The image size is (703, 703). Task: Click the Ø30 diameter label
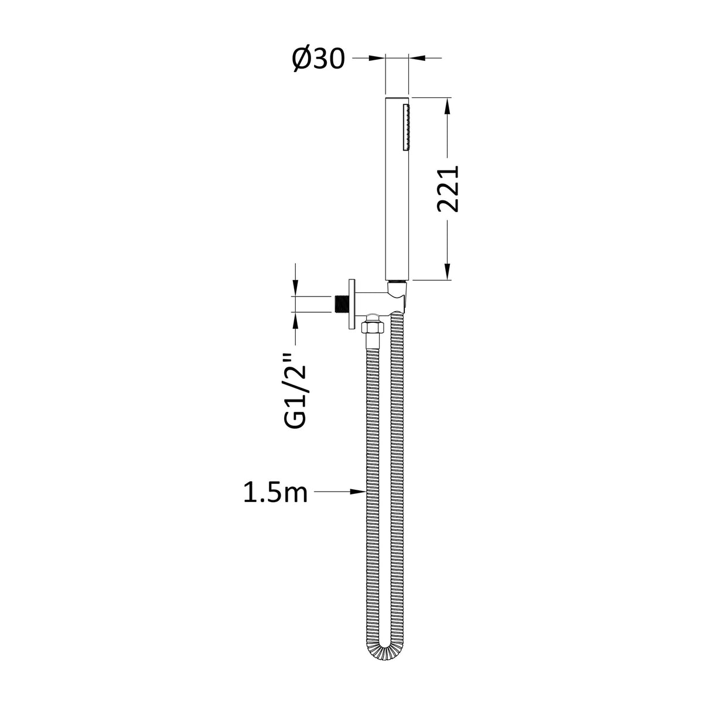click(318, 60)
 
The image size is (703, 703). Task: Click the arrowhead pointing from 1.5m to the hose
click(357, 492)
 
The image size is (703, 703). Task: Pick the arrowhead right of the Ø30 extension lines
click(417, 57)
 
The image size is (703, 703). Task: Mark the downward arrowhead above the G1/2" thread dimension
click(295, 288)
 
